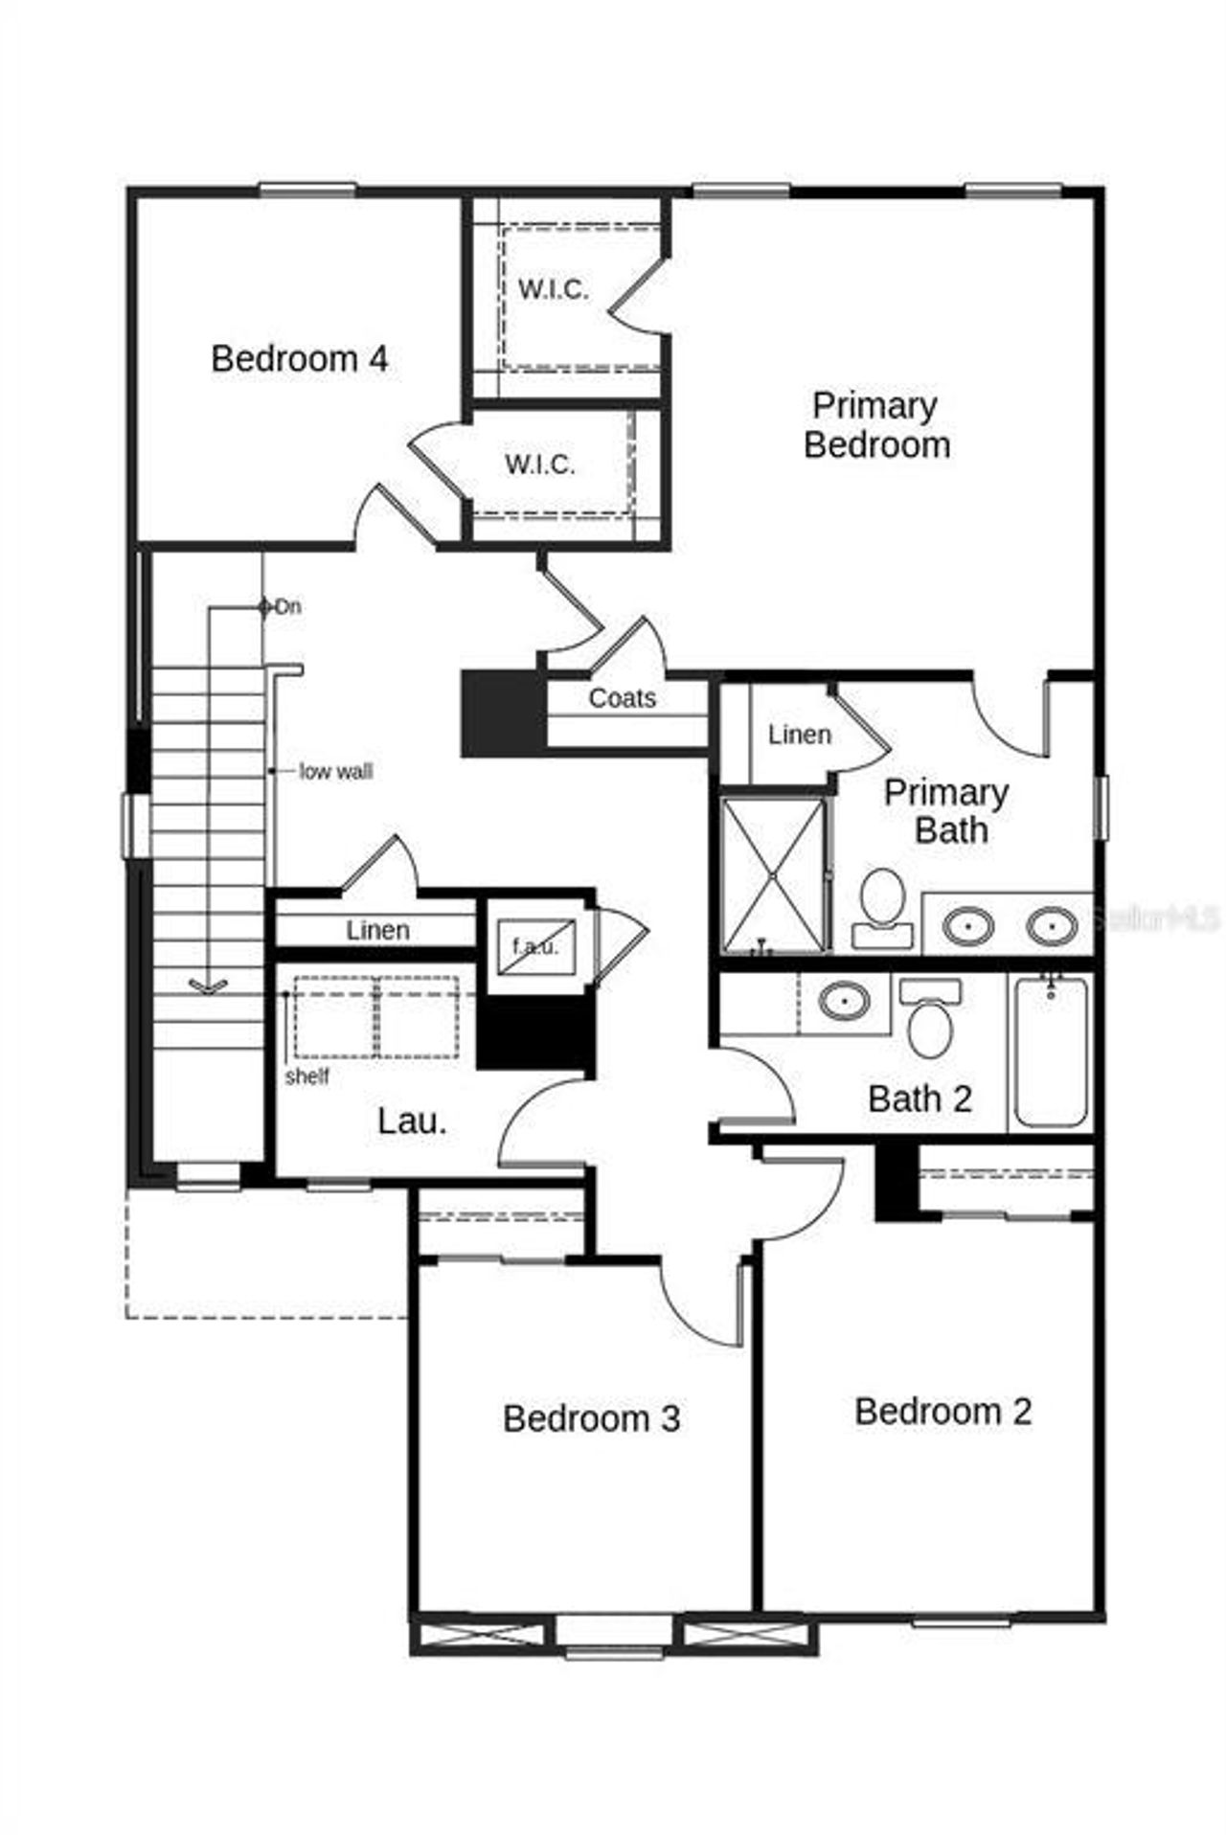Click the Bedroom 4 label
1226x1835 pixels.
pyautogui.click(x=299, y=359)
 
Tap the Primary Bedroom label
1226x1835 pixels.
pyautogui.click(x=875, y=425)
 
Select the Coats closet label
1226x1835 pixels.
pyautogui.click(x=622, y=698)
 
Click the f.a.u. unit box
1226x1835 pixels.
pyautogui.click(x=534, y=946)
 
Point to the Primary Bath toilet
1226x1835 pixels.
pyautogui.click(x=881, y=907)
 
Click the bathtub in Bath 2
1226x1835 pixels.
pyautogui.click(x=1051, y=1052)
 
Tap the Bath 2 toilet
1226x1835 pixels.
pyautogui.click(x=929, y=1021)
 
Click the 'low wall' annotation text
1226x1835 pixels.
pyautogui.click(x=335, y=771)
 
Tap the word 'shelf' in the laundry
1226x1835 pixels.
pyautogui.click(x=306, y=1076)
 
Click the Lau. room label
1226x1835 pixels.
pyautogui.click(x=412, y=1121)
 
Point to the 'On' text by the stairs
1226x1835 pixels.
pyautogui.click(x=288, y=606)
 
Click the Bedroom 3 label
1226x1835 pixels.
pyautogui.click(x=591, y=1418)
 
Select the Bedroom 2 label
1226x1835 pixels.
pyautogui.click(x=942, y=1412)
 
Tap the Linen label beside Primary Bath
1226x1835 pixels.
pyautogui.click(x=799, y=735)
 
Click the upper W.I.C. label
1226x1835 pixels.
pyautogui.click(x=553, y=289)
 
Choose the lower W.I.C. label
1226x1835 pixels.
pyautogui.click(x=540, y=465)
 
